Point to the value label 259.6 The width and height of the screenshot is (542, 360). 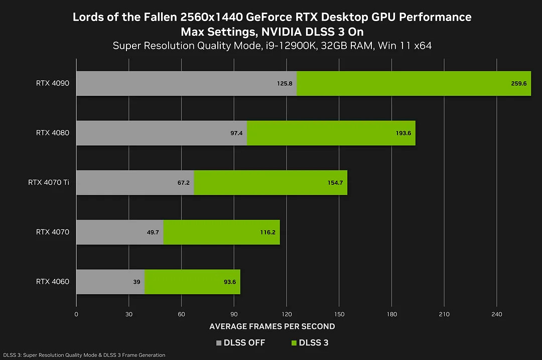[518, 83]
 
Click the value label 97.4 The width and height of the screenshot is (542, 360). [236, 133]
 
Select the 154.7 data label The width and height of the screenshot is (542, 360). [335, 183]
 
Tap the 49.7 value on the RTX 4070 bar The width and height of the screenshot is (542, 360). [153, 232]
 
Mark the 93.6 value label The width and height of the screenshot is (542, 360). [230, 282]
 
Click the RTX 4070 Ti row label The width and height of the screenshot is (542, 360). [49, 183]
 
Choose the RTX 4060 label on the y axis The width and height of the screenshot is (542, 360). [53, 282]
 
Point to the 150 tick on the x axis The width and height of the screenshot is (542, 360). [339, 314]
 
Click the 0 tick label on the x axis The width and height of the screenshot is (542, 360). [76, 314]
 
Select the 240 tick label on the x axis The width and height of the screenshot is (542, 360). [496, 314]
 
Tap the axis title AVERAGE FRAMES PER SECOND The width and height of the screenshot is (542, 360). [272, 326]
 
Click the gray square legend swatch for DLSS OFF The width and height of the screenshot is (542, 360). [218, 343]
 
